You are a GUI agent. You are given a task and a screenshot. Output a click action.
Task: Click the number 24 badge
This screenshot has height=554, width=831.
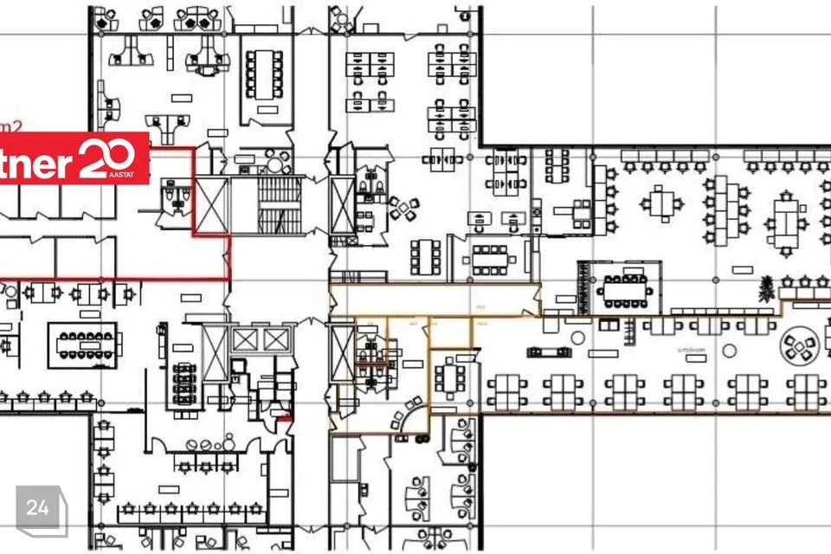(38, 508)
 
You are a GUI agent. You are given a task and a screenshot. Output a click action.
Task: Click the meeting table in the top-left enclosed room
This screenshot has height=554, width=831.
(263, 73)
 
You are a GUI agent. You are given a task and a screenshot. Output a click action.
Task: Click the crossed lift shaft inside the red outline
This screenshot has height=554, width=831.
(212, 205)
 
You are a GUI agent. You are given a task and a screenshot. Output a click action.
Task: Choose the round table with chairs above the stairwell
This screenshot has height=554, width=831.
(275, 162)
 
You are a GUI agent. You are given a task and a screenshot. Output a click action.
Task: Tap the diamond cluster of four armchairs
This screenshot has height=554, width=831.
(403, 209)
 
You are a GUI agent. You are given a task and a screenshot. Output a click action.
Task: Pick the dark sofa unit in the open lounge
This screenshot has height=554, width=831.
(548, 351)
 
